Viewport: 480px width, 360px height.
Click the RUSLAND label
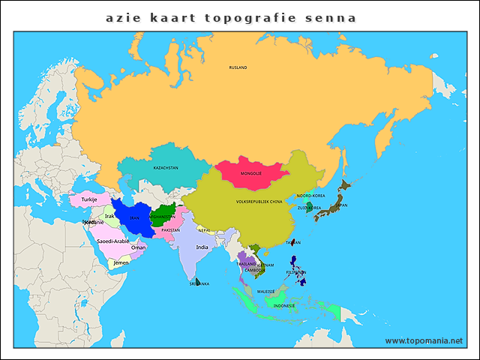coord(238,67)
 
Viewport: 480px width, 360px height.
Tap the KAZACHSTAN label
coord(166,168)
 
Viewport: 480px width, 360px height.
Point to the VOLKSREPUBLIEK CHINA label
coord(259,202)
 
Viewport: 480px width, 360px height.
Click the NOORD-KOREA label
coord(310,196)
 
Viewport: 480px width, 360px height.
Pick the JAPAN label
coord(341,205)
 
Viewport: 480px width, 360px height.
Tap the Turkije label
coord(90,199)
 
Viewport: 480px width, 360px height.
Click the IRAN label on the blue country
coord(134,217)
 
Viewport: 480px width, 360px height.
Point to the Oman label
coord(139,247)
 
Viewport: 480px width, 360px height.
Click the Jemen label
coord(121,263)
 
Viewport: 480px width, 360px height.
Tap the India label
coord(202,247)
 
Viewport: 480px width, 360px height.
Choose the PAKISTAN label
coord(171,230)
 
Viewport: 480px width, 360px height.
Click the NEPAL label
coord(204,230)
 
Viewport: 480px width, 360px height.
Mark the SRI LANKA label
coord(199,283)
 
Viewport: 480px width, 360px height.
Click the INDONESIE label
coord(284,306)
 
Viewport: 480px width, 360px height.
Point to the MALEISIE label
coord(266,291)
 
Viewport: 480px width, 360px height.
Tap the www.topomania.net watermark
coord(424,340)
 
